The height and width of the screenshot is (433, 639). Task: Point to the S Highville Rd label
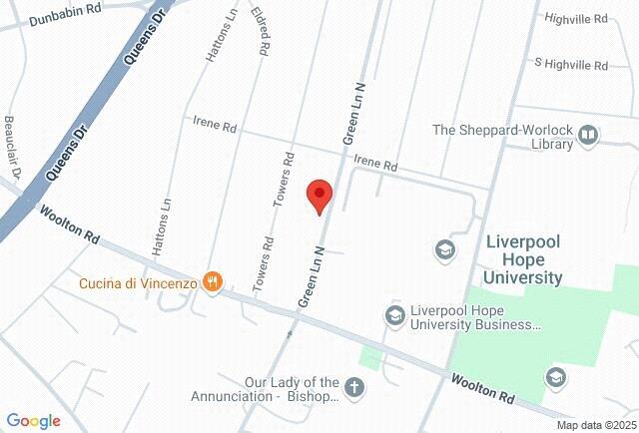571,64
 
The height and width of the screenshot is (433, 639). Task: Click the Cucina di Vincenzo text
139,283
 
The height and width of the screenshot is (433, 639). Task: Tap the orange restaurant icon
211,283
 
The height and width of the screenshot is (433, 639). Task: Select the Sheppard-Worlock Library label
502,137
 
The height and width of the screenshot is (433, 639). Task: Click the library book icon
588,135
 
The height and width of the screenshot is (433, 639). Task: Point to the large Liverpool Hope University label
523,259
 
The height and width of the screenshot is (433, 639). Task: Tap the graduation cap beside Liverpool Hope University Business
394,316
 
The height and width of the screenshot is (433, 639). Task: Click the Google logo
33,421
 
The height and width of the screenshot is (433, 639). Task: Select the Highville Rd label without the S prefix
575,18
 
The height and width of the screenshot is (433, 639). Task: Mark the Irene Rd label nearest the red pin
376,163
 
